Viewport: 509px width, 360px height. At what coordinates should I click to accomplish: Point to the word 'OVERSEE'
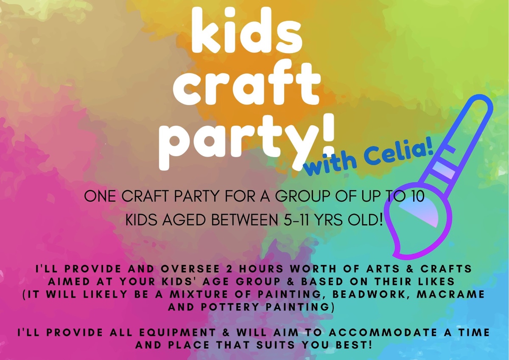coord(190,269)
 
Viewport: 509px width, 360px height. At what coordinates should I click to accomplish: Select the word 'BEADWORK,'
coord(369,294)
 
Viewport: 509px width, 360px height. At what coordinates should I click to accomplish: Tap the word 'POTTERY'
coord(230,307)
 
